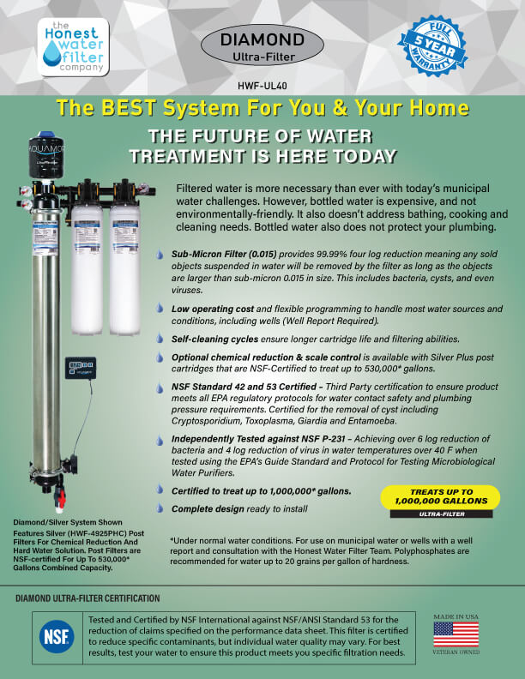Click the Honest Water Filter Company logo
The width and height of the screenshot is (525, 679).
tap(73, 47)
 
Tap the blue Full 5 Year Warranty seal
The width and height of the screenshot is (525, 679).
tap(432, 45)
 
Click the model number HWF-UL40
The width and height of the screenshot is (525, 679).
tap(262, 86)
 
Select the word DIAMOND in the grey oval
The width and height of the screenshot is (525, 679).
tap(262, 39)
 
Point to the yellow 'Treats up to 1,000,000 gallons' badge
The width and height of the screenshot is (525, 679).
tap(440, 496)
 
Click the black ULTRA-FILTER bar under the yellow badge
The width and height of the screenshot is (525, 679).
tap(442, 514)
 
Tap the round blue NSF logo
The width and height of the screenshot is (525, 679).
tap(57, 637)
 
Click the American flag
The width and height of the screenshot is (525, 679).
tap(456, 634)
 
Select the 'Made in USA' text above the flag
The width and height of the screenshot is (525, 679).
tap(456, 616)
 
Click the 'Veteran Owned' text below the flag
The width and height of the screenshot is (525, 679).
tap(456, 652)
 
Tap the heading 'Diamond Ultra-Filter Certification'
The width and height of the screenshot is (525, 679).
tap(87, 598)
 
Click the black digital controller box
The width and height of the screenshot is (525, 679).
tap(81, 368)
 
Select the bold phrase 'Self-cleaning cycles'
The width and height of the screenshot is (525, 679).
tap(214, 339)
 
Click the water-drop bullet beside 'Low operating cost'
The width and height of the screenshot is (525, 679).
tap(160, 309)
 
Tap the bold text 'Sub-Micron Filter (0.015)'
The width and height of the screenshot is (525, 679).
tap(224, 254)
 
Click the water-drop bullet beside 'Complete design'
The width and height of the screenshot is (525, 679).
tap(160, 508)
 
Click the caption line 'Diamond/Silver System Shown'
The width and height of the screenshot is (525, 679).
tap(68, 522)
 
